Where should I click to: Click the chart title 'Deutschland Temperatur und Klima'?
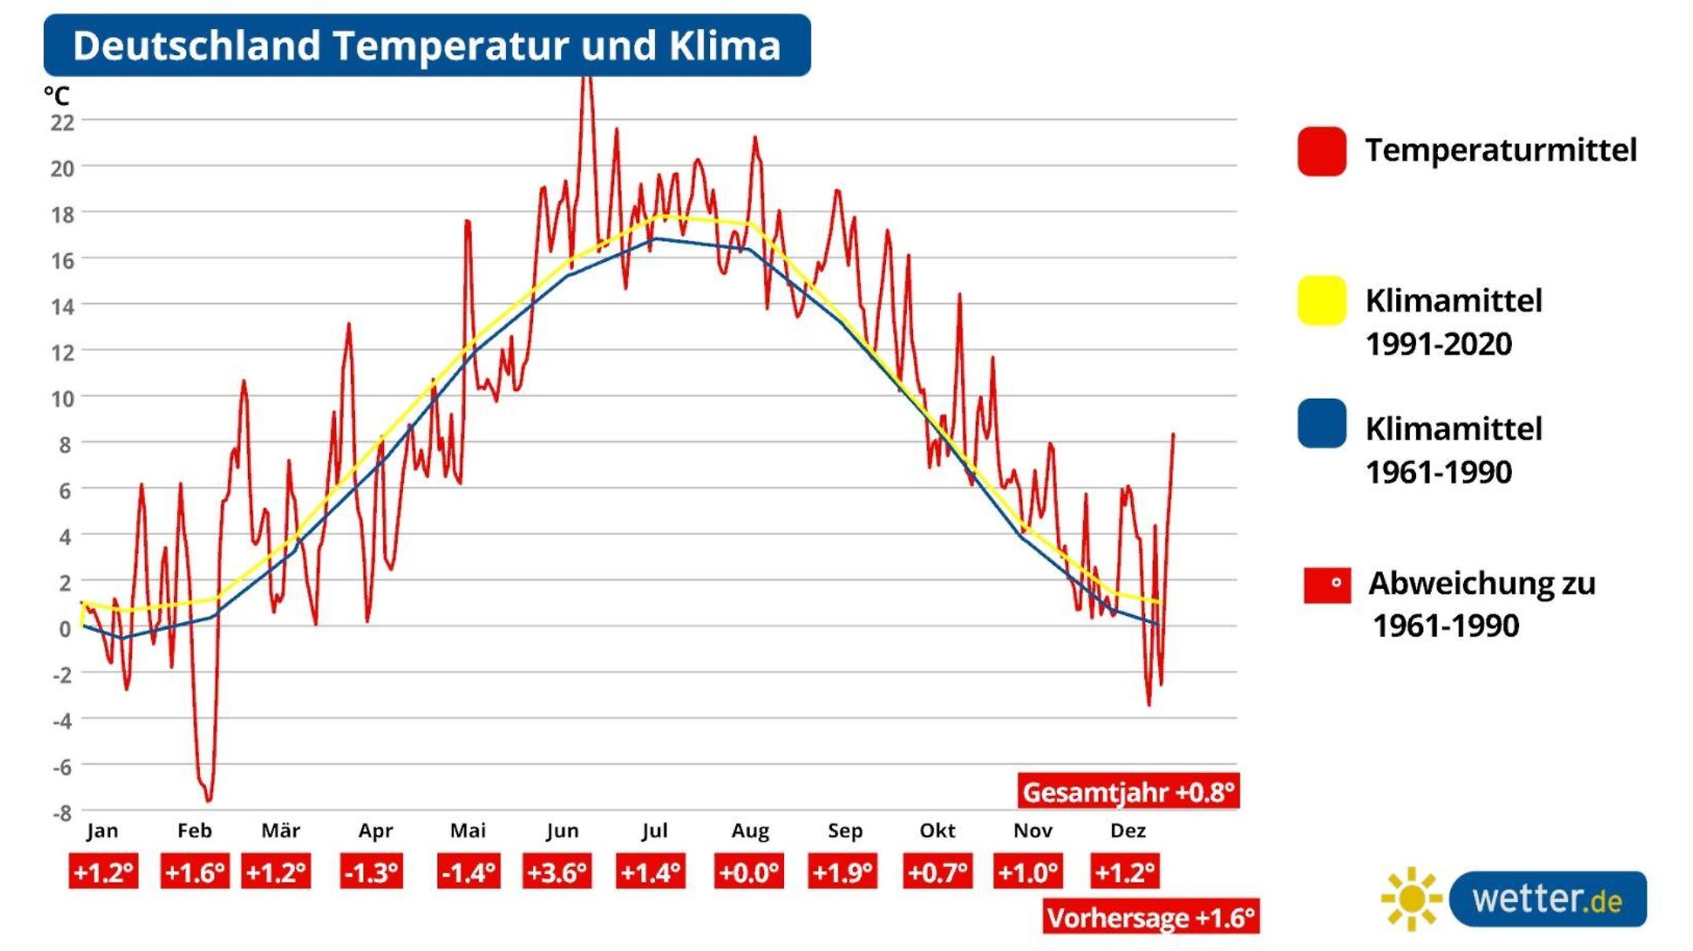pyautogui.click(x=427, y=46)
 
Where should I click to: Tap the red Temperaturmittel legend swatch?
pyautogui.click(x=1322, y=151)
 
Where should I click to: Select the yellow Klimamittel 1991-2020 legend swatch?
pyautogui.click(x=1322, y=300)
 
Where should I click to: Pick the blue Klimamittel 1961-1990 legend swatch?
pyautogui.click(x=1322, y=424)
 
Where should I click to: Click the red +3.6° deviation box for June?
pyautogui.click(x=557, y=872)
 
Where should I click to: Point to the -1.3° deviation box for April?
pyautogui.click(x=371, y=872)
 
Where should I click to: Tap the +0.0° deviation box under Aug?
pyautogui.click(x=749, y=872)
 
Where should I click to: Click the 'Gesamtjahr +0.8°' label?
pyautogui.click(x=1129, y=791)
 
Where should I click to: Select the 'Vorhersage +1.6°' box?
pyautogui.click(x=1151, y=917)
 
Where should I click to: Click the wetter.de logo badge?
pyautogui.click(x=1547, y=899)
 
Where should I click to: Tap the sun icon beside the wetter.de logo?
pyautogui.click(x=1412, y=898)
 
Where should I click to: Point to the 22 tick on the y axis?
pyautogui.click(x=63, y=122)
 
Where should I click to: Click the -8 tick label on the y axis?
pyautogui.click(x=63, y=813)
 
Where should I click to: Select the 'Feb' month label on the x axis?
pyautogui.click(x=194, y=831)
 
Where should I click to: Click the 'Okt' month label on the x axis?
pyautogui.click(x=937, y=831)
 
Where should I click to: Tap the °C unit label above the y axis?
pyautogui.click(x=57, y=96)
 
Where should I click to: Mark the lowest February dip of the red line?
pyautogui.click(x=209, y=800)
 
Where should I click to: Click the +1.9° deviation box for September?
pyautogui.click(x=842, y=872)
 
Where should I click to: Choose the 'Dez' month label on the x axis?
pyautogui.click(x=1127, y=831)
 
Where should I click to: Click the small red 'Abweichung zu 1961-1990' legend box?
pyautogui.click(x=1327, y=585)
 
